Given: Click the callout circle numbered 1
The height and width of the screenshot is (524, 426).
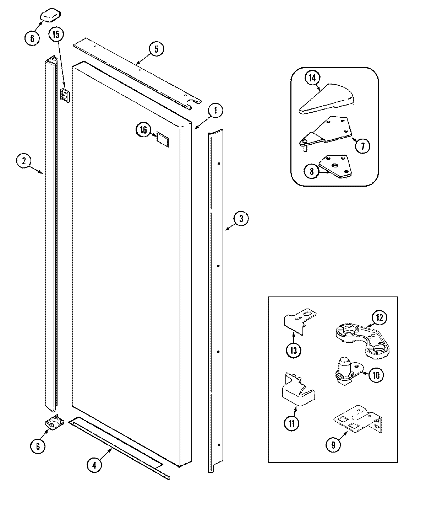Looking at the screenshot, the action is point(215,111).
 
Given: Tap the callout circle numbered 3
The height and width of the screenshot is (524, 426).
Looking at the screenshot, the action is point(241,219).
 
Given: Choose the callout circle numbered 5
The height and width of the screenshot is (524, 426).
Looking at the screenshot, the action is point(157,49).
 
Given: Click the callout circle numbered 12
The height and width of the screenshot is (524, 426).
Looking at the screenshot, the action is point(380,318).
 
